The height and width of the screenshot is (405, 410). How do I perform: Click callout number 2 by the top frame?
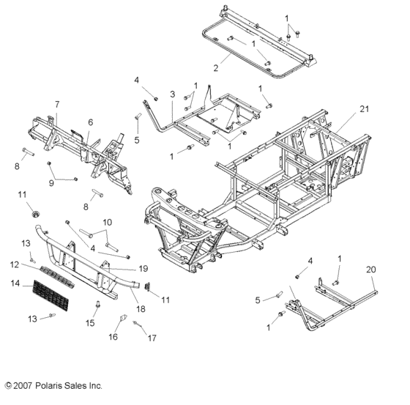click(x=215, y=68)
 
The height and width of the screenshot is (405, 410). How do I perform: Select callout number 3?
click(x=171, y=95)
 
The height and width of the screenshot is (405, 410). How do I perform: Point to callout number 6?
click(x=90, y=122)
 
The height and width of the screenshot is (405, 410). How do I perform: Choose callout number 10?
click(x=107, y=221)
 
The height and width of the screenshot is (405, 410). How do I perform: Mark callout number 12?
click(x=13, y=264)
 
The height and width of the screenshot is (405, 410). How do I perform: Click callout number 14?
click(x=13, y=282)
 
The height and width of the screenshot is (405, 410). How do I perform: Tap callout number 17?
click(x=152, y=338)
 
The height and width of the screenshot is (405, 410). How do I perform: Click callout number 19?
click(x=143, y=268)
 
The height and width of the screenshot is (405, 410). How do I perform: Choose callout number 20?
click(x=370, y=269)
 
